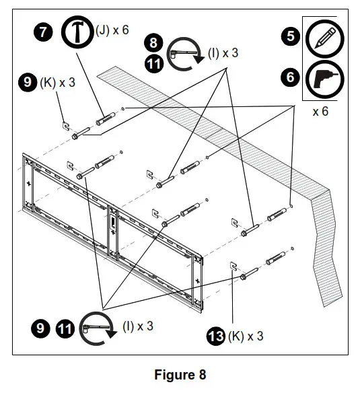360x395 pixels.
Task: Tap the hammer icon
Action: pyautogui.click(x=79, y=32)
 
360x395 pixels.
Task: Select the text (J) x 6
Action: pyautogui.click(x=114, y=31)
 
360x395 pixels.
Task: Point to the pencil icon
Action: pyautogui.click(x=324, y=36)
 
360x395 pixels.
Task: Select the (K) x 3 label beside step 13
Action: pyautogui.click(x=246, y=335)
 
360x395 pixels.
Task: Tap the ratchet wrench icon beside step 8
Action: pyautogui.click(x=183, y=56)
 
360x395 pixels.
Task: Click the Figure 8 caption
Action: pyautogui.click(x=180, y=374)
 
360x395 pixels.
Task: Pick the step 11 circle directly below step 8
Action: pyautogui.click(x=154, y=64)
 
